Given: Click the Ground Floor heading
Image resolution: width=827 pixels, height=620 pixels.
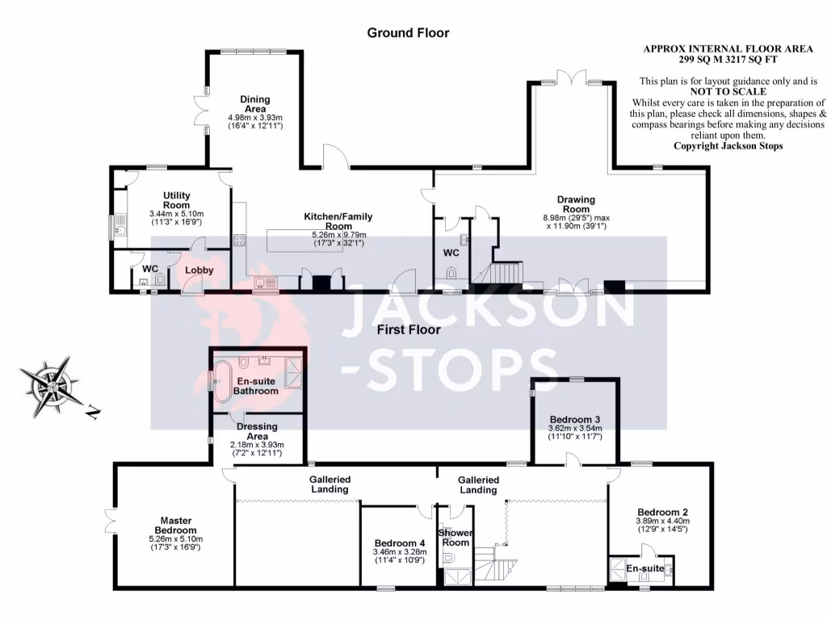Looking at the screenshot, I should pyautogui.click(x=408, y=33).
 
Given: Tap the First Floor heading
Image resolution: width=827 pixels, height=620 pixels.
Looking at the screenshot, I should pyautogui.click(x=408, y=329).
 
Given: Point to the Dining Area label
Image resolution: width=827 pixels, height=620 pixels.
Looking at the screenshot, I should pyautogui.click(x=254, y=104).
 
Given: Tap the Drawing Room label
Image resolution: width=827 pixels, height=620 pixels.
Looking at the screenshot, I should pyautogui.click(x=576, y=205).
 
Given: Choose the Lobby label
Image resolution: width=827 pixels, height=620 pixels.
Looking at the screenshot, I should pyautogui.click(x=199, y=270).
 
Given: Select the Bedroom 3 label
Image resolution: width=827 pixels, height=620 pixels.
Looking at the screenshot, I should pyautogui.click(x=574, y=420).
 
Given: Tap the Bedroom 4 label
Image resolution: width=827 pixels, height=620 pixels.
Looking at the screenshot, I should pyautogui.click(x=399, y=542).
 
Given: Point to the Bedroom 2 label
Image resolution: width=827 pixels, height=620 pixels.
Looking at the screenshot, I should pyautogui.click(x=662, y=513).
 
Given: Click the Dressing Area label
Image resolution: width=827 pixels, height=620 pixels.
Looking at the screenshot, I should pyautogui.click(x=257, y=431).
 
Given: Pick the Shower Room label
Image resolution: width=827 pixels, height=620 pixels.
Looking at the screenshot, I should pyautogui.click(x=455, y=538).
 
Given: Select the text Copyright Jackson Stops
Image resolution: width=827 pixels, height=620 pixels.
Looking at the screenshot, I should pyautogui.click(x=728, y=146).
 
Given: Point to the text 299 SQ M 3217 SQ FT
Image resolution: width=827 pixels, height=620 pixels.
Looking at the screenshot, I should pyautogui.click(x=733, y=60).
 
